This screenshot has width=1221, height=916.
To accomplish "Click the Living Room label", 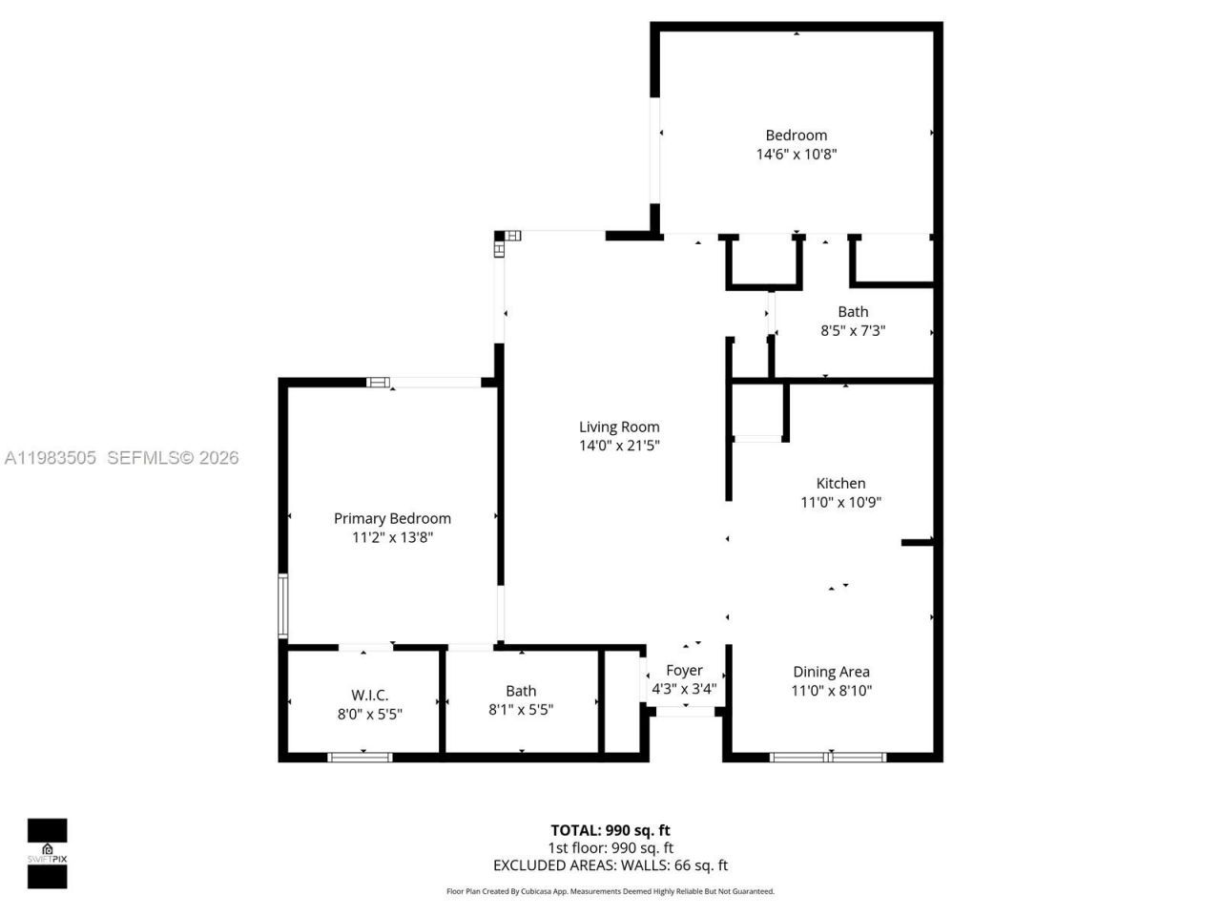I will pos(619,427).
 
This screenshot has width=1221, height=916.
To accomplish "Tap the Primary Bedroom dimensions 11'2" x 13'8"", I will pos(392,537).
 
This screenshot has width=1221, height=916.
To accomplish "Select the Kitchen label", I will pos(840,483).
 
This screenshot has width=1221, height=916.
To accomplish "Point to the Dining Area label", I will pos(831,672).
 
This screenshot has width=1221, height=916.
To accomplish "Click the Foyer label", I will pos(684,670).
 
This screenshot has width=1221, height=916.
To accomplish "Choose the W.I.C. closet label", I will pos(369,695).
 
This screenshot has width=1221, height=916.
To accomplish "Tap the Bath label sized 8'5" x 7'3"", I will pos(853,311).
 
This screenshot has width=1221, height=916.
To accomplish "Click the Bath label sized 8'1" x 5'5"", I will pos(521,691).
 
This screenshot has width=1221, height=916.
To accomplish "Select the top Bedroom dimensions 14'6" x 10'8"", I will pos(797,154).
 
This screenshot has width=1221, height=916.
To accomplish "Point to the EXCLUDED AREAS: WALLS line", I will pos(610,865).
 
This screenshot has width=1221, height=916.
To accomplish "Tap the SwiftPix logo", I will pos(47,852).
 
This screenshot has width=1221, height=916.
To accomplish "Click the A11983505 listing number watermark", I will pos(50,458).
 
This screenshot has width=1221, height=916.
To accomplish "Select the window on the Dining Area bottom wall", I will pos(828,758).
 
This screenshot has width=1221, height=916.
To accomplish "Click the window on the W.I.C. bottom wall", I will pos(360,758).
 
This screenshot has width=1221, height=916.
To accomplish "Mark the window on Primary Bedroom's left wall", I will pos(282,605).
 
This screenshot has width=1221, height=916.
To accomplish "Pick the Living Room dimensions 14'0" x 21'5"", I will pos(619,446).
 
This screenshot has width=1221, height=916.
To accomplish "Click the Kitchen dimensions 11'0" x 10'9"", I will pos(840,502).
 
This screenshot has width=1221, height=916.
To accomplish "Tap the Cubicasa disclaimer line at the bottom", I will pos(610,891).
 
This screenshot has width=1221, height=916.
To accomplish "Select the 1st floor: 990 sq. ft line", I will pos(610,847).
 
